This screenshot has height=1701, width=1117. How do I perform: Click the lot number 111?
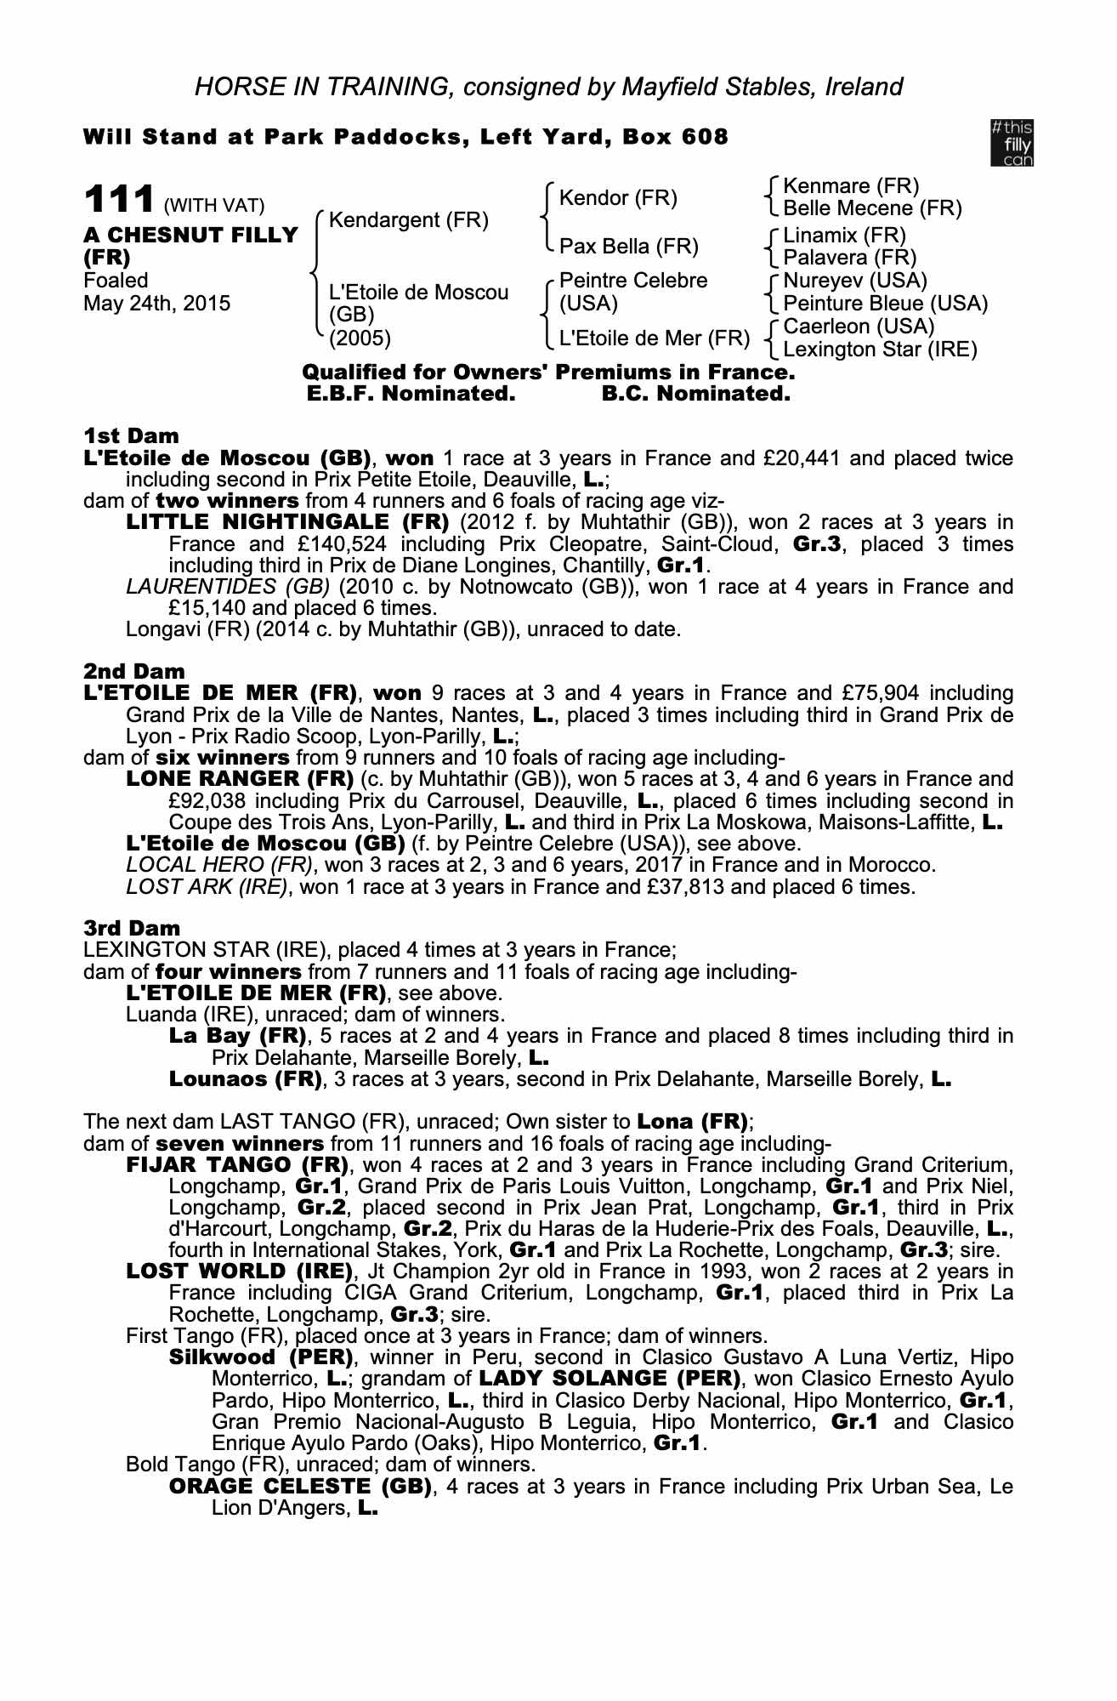118,202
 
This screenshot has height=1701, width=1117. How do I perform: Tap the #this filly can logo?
1012,143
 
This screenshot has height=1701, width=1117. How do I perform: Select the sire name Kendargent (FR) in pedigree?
408,221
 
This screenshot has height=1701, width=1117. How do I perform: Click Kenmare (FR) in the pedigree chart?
850,186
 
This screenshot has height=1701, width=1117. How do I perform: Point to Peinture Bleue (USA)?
885,304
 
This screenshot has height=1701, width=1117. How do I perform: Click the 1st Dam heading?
131,436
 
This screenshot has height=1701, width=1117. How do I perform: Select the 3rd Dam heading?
131,928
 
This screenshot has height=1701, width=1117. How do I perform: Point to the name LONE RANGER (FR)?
239,779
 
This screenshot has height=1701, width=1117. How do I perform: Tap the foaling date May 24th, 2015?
156,304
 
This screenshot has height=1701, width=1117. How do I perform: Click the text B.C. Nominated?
695,394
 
